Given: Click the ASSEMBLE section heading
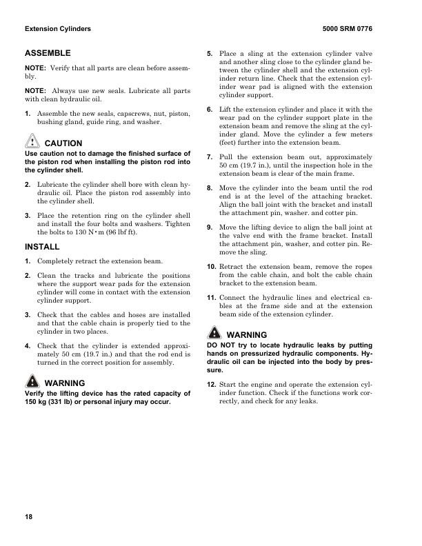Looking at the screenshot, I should pos(48,53).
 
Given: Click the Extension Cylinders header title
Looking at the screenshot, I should pos(58,30).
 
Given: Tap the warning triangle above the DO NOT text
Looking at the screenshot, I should pos(214,334).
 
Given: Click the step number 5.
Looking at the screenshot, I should pos(210,54).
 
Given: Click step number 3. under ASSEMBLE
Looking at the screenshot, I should pos(28,215).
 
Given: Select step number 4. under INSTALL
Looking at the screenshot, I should pos(28,345).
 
